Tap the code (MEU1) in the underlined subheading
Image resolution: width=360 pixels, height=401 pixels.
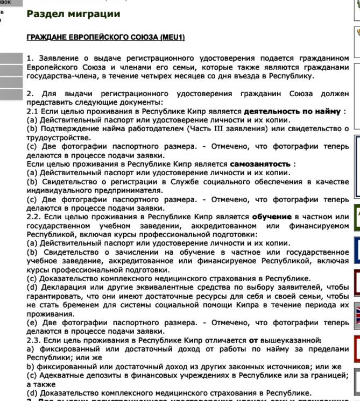(x=172, y=37)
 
